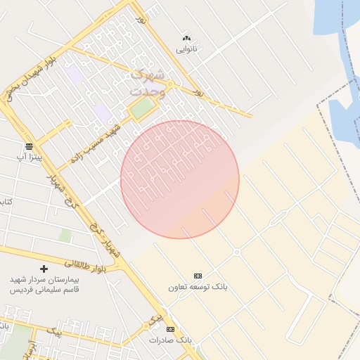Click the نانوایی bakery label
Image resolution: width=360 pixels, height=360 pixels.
pos(186,49)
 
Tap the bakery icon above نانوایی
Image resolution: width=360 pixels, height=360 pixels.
pos(186,38)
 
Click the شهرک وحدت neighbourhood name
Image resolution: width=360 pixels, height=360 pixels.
pos(148,83)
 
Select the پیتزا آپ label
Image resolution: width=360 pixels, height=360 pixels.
pos(30,157)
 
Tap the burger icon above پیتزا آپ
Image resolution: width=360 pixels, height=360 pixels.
pos(29,146)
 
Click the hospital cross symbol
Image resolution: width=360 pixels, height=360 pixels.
pos(44,269)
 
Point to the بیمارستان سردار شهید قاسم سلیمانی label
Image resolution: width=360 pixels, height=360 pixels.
pos(44,284)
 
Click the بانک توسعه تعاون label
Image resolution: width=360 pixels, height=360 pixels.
pos(198,287)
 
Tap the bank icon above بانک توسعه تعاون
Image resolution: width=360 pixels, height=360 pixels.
pos(198,276)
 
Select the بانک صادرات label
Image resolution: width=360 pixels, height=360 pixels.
pos(169,340)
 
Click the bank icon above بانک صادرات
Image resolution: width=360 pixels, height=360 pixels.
pos(169,328)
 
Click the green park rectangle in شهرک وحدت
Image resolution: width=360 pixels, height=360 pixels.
pos(142,108)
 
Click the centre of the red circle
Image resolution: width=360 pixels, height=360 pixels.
pos(180,180)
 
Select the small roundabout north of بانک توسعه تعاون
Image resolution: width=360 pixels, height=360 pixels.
pos(237,252)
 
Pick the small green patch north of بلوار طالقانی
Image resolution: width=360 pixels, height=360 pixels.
pos(65,236)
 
